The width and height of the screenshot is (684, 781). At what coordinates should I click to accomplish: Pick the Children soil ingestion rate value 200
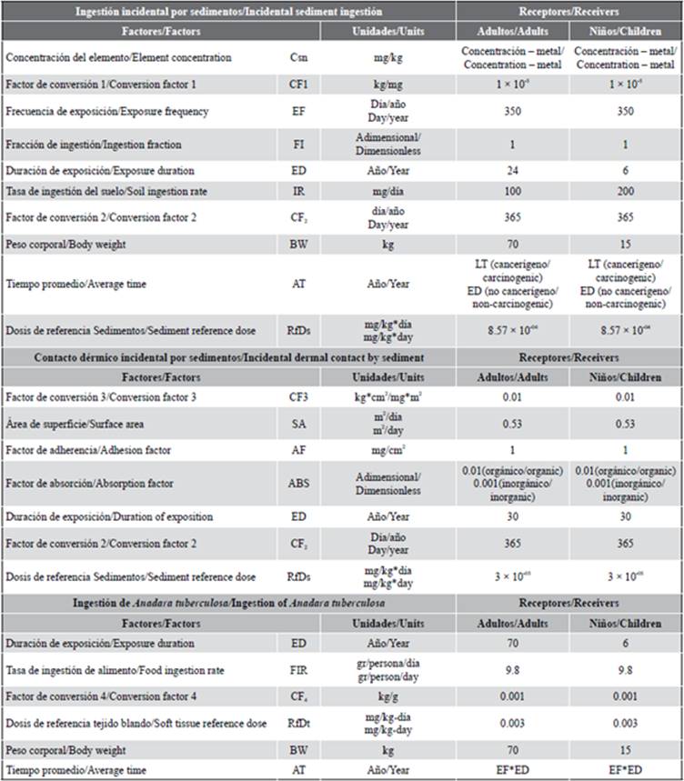[625, 194]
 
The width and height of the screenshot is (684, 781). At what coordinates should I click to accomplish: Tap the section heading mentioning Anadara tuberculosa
[228, 603]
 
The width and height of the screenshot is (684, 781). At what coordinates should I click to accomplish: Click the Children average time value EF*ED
[625, 770]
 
